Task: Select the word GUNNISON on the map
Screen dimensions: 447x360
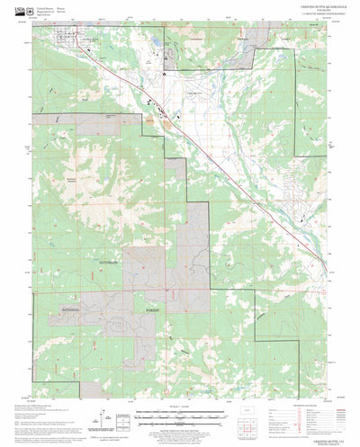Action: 106,262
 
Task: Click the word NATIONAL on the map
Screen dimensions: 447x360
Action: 71,308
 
